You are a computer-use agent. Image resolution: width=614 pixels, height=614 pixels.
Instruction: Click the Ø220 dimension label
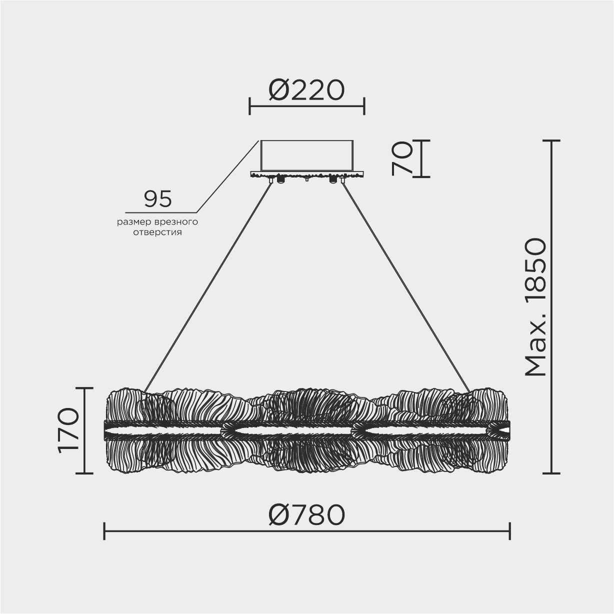306,90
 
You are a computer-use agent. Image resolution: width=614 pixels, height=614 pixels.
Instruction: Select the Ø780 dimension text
306,514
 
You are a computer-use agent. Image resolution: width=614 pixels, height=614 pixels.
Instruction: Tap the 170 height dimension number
68,430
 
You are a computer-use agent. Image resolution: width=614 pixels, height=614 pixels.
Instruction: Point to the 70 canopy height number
402,158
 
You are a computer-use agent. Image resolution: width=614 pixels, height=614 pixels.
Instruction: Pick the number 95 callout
157,199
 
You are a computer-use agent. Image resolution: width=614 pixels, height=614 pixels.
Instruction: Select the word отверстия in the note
157,232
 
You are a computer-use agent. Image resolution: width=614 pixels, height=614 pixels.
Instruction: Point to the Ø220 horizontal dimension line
306,106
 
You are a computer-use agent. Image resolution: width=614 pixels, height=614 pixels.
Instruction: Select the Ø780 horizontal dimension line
306,531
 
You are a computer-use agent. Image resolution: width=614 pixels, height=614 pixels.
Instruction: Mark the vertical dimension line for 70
421,158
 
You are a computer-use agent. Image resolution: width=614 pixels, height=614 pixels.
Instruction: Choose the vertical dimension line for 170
85,430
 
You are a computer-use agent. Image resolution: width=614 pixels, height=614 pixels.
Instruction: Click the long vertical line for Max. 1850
551,307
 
